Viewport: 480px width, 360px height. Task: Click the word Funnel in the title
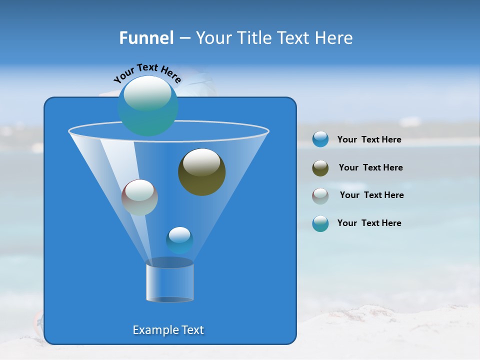tap(146, 38)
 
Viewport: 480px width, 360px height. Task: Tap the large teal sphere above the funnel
tap(148, 106)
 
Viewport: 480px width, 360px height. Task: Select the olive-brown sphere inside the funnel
tap(201, 172)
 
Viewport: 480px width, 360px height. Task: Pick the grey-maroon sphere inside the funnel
tap(139, 197)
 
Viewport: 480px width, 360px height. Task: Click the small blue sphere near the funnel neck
tap(179, 240)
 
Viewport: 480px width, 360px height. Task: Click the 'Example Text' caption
tap(168, 330)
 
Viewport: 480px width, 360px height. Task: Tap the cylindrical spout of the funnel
tap(170, 282)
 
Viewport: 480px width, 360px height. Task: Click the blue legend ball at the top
tap(320, 139)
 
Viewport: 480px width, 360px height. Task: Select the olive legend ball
tap(320, 168)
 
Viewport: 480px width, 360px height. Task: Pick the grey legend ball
tap(320, 195)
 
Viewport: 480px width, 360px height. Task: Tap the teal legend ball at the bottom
tap(320, 223)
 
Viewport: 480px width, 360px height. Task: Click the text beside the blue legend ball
tap(369, 140)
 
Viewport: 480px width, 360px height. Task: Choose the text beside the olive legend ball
tap(370, 168)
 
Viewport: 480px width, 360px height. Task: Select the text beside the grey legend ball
tap(371, 195)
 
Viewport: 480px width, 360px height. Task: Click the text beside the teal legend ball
tap(369, 223)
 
